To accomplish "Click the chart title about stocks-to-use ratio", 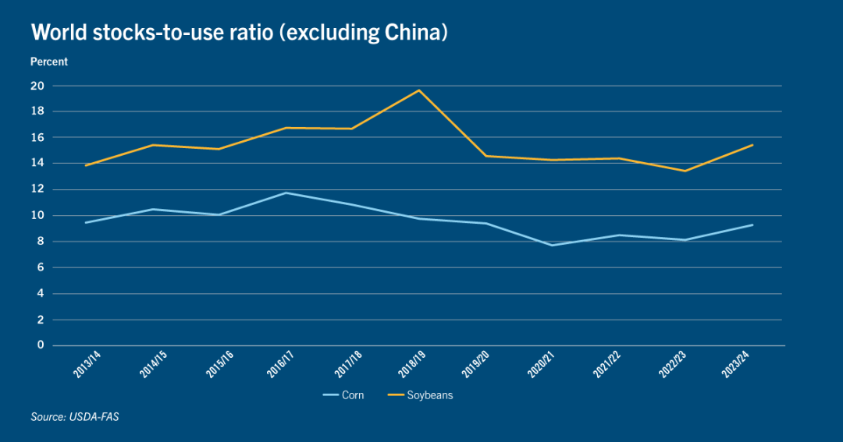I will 239,34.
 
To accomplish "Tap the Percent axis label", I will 49,62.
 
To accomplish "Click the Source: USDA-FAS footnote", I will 74,418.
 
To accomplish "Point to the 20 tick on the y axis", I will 37,86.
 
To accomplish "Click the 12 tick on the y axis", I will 37,189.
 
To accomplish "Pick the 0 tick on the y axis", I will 41,345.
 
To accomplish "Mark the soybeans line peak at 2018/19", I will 419,90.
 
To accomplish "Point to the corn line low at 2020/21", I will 553,246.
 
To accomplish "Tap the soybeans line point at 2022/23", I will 685,171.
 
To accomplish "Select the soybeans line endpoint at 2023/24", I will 752,145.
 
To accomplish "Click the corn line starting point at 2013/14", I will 86,223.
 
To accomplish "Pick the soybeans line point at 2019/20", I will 486,156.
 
